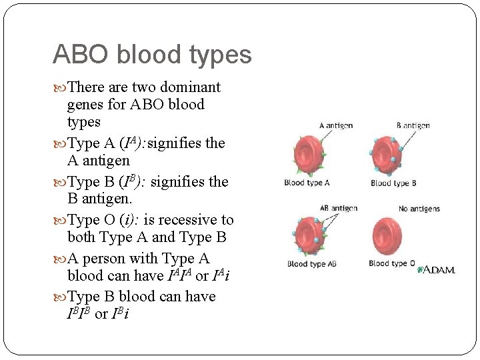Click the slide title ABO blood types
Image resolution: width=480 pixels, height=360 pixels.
152,54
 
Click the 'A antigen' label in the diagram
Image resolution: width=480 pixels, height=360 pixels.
336,125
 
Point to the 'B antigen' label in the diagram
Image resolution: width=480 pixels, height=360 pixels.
413,125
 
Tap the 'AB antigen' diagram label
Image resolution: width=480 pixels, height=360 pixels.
339,208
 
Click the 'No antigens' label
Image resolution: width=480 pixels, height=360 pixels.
419,209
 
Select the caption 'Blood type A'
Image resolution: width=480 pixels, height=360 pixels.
307,183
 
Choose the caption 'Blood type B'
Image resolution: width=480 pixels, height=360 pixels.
393,183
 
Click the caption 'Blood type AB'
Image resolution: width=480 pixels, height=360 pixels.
311,263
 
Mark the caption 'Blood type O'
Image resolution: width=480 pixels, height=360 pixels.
392,263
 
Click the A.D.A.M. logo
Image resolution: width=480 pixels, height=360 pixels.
437,269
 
